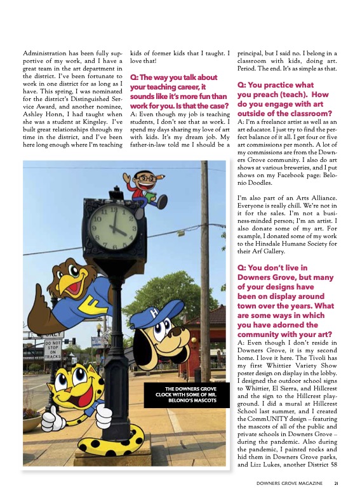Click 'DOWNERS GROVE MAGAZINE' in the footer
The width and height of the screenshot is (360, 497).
290,484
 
